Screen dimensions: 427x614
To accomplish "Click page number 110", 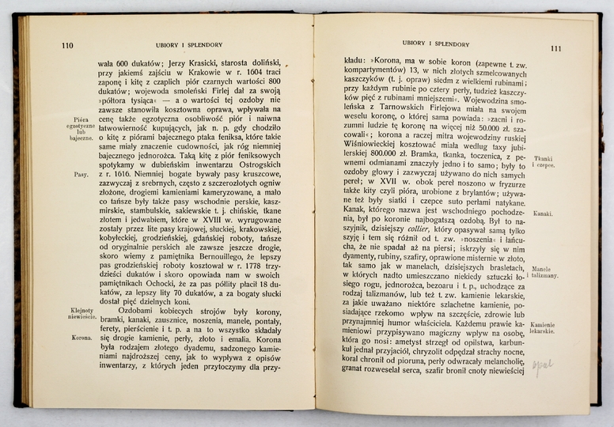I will pyautogui.click(x=67, y=45).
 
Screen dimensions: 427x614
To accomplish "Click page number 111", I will pyautogui.click(x=556, y=48).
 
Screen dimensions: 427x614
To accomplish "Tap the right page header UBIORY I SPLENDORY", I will pyautogui.click(x=434, y=43).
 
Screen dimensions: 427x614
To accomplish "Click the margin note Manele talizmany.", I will pyautogui.click(x=547, y=271).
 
